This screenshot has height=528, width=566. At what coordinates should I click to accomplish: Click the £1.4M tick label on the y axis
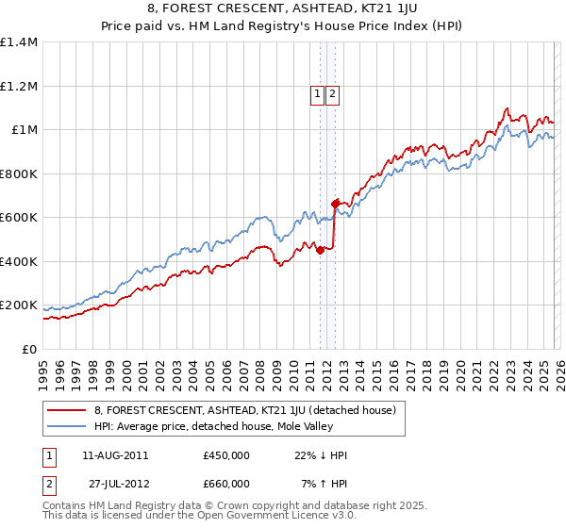pyautogui.click(x=19, y=42)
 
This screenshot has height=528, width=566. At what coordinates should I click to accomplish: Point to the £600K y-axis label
pyautogui.click(x=19, y=218)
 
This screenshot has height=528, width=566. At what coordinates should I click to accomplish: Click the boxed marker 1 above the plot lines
pyautogui.click(x=317, y=93)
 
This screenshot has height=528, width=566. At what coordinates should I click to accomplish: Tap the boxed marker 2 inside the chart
pyautogui.click(x=334, y=93)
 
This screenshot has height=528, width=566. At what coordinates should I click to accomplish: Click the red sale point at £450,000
pyautogui.click(x=320, y=251)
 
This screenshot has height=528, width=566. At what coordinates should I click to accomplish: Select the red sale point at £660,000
pyautogui.click(x=335, y=204)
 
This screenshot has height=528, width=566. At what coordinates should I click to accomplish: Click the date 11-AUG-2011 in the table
pyautogui.click(x=114, y=455)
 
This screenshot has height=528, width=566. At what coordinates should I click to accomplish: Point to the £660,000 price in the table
pyautogui.click(x=225, y=484)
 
